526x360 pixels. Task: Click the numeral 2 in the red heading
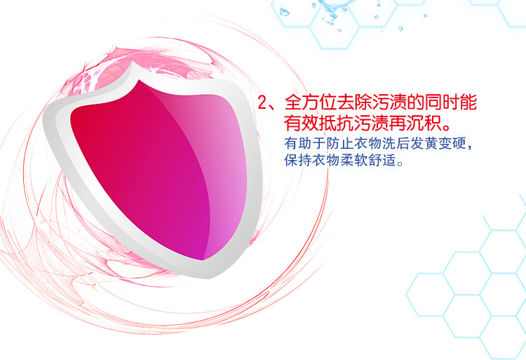coord(262,102)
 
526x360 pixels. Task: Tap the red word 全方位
coord(311,102)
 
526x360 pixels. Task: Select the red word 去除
coord(354,102)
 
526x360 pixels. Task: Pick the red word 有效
coord(302,123)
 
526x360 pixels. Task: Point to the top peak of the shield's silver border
coord(133,61)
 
